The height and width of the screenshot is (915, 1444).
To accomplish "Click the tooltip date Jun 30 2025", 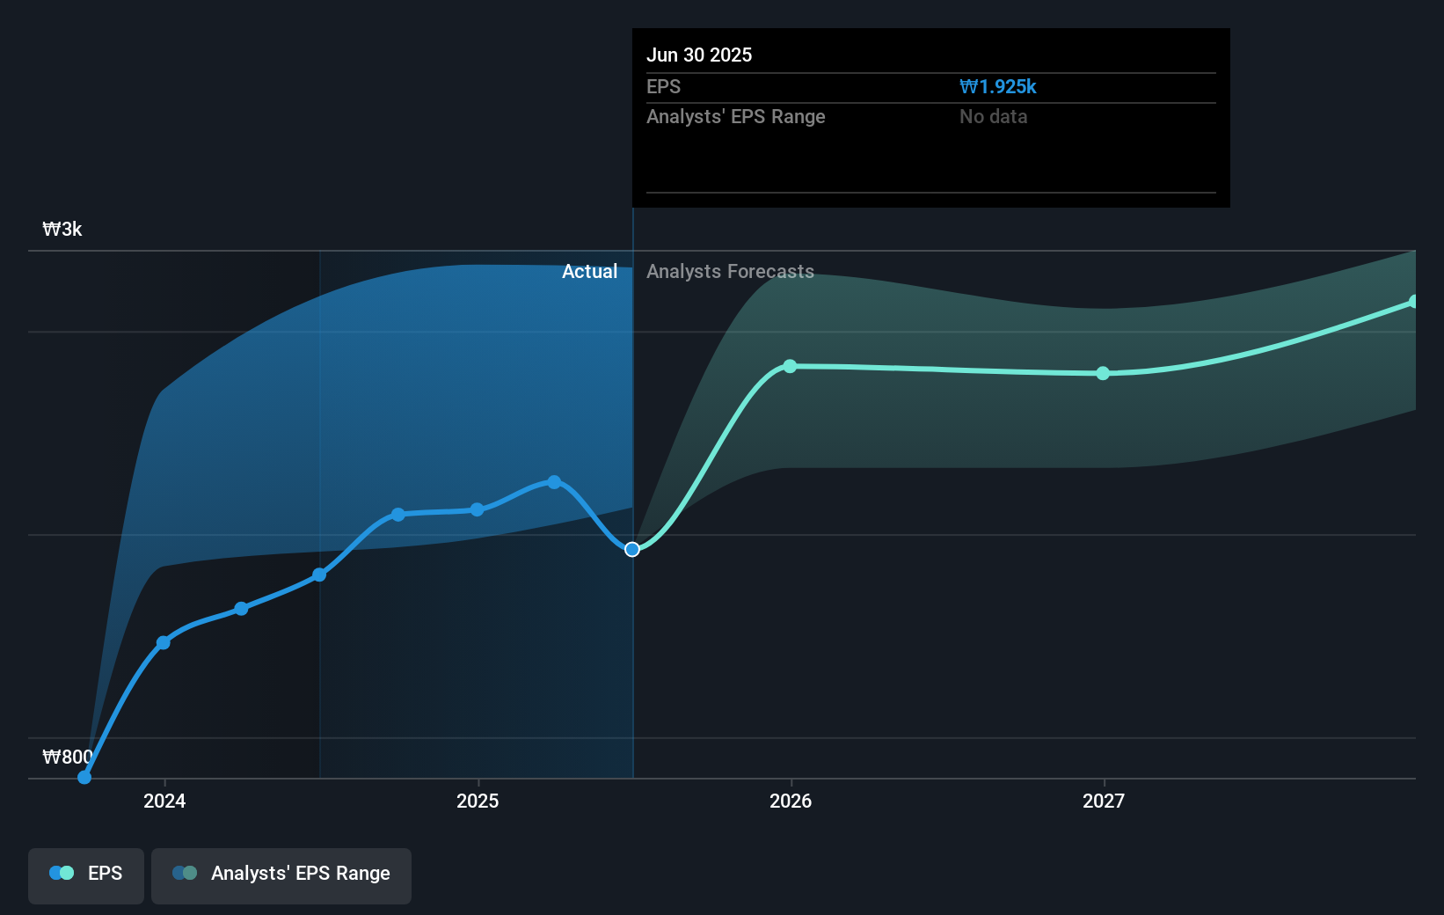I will pyautogui.click(x=699, y=55).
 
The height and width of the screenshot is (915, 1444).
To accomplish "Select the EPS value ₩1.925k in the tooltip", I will pyautogui.click(x=997, y=86).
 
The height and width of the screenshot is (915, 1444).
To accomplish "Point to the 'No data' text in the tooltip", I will pyautogui.click(x=993, y=116).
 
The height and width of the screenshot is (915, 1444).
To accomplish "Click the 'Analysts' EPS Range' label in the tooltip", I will pyautogui.click(x=735, y=116).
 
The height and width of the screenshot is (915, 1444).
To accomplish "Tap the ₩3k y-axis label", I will pyautogui.click(x=62, y=230).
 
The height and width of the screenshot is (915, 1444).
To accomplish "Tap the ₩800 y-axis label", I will pyautogui.click(x=67, y=757).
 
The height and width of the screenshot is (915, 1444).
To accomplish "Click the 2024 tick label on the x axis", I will pyautogui.click(x=164, y=801).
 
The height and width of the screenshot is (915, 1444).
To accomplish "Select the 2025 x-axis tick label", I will pyautogui.click(x=478, y=801).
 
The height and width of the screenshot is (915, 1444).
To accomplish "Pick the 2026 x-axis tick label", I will pyautogui.click(x=791, y=801).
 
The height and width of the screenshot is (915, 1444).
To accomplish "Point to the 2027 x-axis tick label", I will pyautogui.click(x=1104, y=801).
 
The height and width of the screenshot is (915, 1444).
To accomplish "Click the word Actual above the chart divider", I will pyautogui.click(x=589, y=271).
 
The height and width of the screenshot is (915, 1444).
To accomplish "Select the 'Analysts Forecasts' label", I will pyautogui.click(x=730, y=271).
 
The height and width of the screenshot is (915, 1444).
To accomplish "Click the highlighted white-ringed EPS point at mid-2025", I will pyautogui.click(x=632, y=549).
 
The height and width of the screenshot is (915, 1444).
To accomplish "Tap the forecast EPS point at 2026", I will pyautogui.click(x=790, y=366).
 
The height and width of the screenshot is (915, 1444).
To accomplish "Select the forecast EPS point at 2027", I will pyautogui.click(x=1103, y=373).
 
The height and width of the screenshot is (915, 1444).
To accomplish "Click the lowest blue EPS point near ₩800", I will pyautogui.click(x=84, y=777).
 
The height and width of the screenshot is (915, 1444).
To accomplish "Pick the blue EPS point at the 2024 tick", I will pyautogui.click(x=163, y=642).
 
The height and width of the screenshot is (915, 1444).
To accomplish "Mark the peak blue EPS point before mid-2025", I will pyautogui.click(x=554, y=482).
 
